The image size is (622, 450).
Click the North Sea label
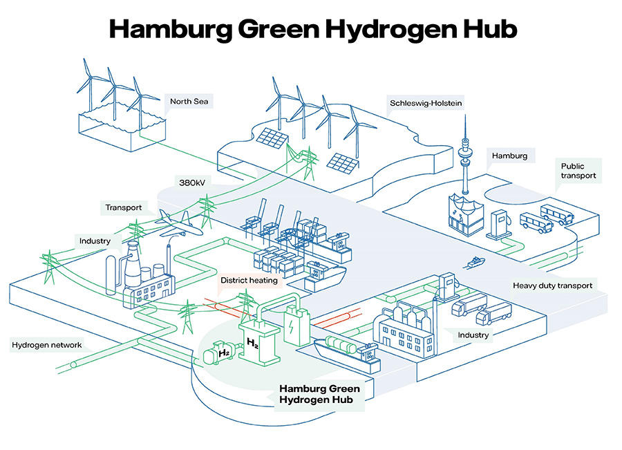189,102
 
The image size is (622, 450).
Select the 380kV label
191,185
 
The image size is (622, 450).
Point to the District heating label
249,281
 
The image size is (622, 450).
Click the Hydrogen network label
47,345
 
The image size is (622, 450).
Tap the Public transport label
577,171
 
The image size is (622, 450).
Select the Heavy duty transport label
552,285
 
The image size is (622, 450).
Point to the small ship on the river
476,262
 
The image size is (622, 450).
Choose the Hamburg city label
509,156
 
